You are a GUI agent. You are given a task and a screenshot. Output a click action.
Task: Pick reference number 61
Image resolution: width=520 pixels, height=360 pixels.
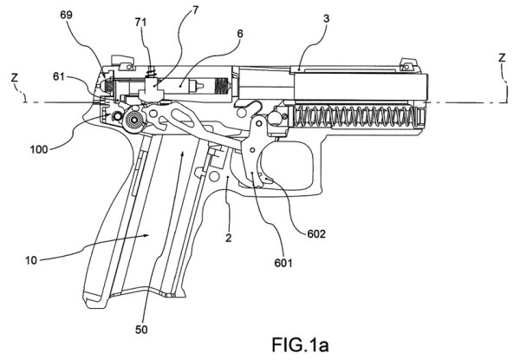57,77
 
